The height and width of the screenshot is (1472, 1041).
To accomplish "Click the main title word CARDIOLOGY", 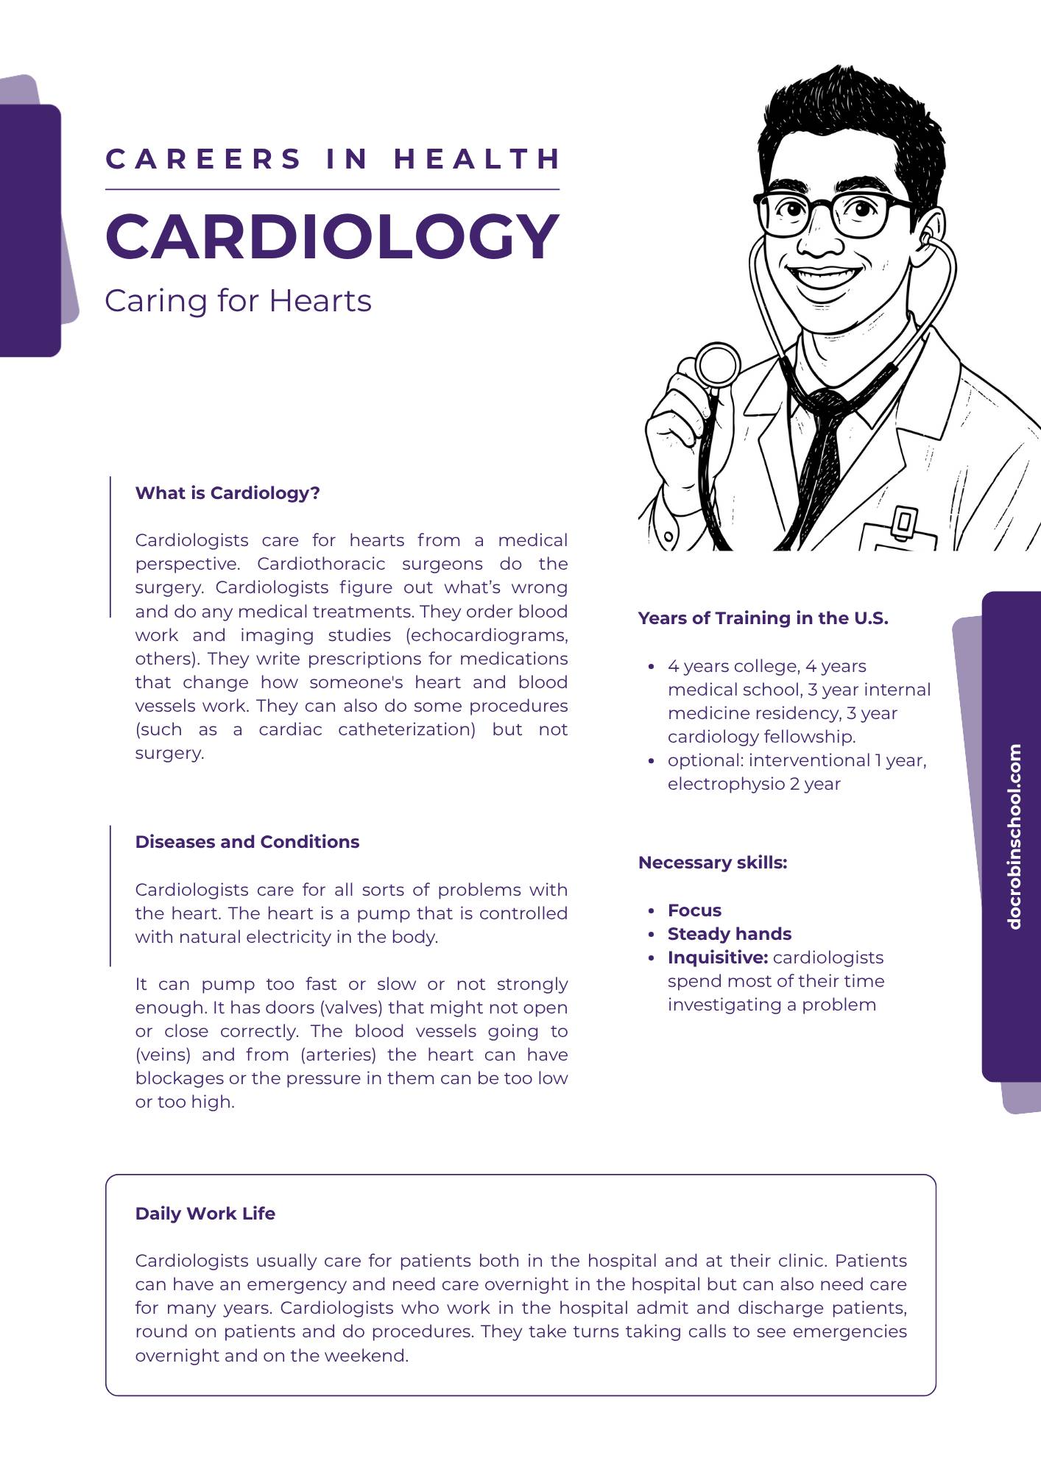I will click(332, 236).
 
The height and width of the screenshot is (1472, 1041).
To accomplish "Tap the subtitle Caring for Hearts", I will click(238, 301).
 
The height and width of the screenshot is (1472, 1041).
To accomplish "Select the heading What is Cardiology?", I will click(227, 493).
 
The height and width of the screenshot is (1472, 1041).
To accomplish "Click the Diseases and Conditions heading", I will click(247, 842).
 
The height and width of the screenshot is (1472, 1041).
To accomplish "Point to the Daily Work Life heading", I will click(205, 1214).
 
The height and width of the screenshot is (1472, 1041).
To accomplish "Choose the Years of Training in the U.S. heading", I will click(763, 618).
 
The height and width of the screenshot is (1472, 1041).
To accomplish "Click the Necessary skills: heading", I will click(713, 863).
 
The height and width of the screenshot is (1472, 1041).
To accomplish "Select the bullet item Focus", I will click(694, 910).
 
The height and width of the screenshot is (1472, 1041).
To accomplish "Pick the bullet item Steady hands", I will click(730, 934).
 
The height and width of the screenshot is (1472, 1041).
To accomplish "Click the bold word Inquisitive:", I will click(718, 958).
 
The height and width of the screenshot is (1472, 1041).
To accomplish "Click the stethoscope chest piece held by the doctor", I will click(717, 365).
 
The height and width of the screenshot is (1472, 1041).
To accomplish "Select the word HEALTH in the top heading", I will click(477, 159).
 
